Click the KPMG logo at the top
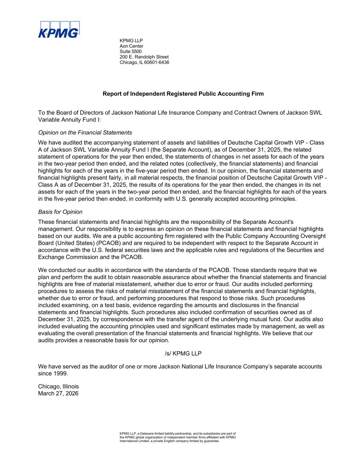59,30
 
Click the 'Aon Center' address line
131,46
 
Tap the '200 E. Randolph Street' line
144,57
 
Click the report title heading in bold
183,94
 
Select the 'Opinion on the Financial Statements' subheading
85,132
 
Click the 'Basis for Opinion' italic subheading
60,212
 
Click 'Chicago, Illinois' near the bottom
58,386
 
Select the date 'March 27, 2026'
58,393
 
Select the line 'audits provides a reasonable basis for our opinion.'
104,340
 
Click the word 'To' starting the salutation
42,113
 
